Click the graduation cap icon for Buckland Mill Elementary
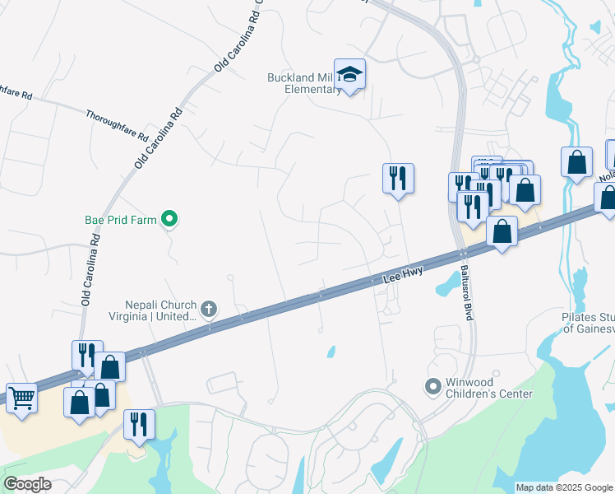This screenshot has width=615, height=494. pyautogui.click(x=350, y=75)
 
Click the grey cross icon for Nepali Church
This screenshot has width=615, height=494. pyautogui.click(x=209, y=309)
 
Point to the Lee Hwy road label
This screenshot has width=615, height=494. pyautogui.click(x=403, y=279)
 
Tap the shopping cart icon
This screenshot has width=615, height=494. pyautogui.click(x=21, y=398)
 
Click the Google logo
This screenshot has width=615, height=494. pyautogui.click(x=27, y=484)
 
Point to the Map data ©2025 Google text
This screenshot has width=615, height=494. pyautogui.click(x=564, y=487)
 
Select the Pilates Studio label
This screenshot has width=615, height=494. pyautogui.click(x=588, y=322)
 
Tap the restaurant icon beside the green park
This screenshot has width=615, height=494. pyautogui.click(x=139, y=424)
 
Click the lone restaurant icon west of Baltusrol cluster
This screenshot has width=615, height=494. pyautogui.click(x=398, y=177)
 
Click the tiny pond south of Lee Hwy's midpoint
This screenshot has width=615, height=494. pyautogui.click(x=331, y=352)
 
